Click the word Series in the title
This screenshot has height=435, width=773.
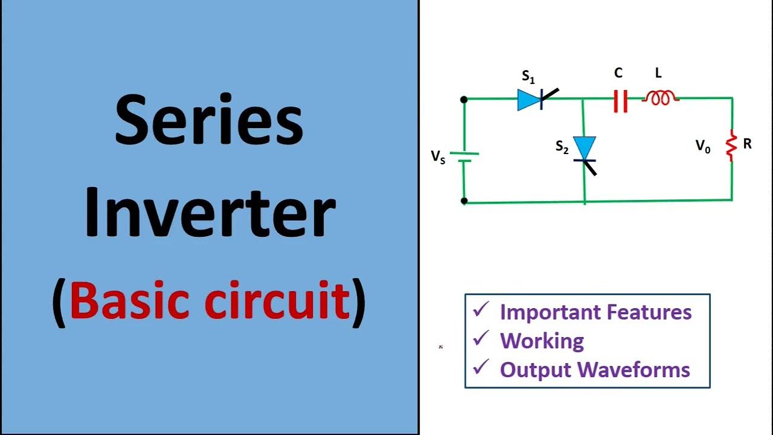click(x=209, y=124)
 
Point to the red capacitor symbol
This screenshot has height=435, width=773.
click(x=620, y=100)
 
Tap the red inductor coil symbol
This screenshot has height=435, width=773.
click(x=660, y=98)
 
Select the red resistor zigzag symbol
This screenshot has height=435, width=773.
click(x=731, y=145)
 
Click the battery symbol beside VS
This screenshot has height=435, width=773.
click(x=464, y=157)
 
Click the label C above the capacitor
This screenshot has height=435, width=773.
click(x=618, y=73)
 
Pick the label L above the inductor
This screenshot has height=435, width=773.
click(x=658, y=73)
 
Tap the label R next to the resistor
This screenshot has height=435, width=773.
click(x=748, y=144)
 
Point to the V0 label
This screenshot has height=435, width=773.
click(x=703, y=146)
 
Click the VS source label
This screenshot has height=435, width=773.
click(x=438, y=156)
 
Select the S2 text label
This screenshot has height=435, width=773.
click(x=562, y=147)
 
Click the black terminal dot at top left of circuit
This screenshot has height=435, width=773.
click(x=464, y=100)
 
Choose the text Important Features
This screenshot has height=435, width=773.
click(x=595, y=312)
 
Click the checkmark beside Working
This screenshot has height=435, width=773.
click(x=481, y=339)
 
